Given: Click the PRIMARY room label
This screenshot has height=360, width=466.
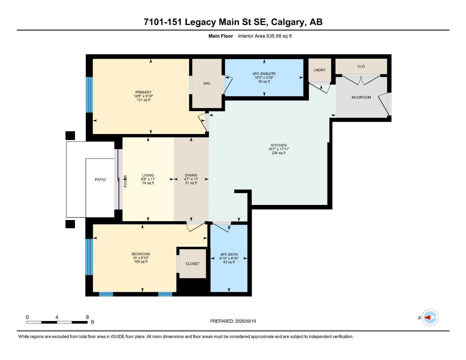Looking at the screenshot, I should click(143, 92).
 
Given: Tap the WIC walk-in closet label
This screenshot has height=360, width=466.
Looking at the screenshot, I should click(207, 83).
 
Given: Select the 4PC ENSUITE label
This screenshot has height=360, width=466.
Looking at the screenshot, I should click(264, 74).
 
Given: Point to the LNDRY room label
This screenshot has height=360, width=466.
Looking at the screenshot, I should click(319, 70).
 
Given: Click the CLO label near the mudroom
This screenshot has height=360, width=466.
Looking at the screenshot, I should click(361, 66).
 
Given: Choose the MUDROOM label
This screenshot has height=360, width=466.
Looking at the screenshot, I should click(361, 97).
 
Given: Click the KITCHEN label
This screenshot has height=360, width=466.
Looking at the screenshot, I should click(279, 145).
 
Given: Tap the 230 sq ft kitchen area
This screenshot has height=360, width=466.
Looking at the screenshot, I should click(279, 153).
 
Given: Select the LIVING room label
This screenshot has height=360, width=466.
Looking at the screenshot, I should click(148, 175).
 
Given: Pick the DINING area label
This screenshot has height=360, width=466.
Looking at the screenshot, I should click(191, 175).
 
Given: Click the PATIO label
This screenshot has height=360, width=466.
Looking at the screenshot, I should click(100, 180).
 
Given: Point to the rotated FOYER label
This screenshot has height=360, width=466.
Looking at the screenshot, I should click(126, 181).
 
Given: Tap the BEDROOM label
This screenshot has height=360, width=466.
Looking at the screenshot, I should click(141, 254).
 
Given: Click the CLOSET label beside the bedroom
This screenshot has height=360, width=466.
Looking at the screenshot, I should click(192, 264).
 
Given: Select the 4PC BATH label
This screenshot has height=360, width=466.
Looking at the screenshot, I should click(229, 255).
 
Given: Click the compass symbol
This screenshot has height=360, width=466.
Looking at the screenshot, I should click(430, 317).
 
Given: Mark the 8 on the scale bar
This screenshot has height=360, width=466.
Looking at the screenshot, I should click(88, 317).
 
